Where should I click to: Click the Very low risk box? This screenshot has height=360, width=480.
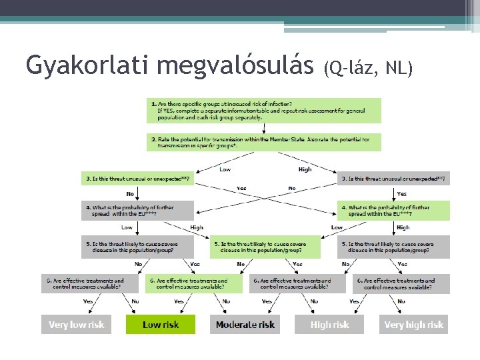click(77, 325)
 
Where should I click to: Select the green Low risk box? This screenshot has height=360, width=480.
click(161, 325)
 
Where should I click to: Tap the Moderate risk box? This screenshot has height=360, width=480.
click(245, 325)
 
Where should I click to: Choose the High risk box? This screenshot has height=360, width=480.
click(330, 325)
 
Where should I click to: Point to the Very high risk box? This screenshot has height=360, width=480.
click(413, 325)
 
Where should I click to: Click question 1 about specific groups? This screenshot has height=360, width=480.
click(264, 110)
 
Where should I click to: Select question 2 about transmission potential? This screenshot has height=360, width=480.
click(264, 142)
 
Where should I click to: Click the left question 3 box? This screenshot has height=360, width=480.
click(137, 178)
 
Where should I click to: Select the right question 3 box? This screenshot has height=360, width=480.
click(393, 178)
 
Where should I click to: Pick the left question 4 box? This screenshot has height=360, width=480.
click(137, 211)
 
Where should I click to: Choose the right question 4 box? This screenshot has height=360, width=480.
click(393, 211)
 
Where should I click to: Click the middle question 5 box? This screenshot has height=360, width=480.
click(265, 247)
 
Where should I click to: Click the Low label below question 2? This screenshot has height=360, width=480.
click(225, 169)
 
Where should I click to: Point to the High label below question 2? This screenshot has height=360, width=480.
click(305, 169)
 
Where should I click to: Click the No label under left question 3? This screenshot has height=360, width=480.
click(129, 194)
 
